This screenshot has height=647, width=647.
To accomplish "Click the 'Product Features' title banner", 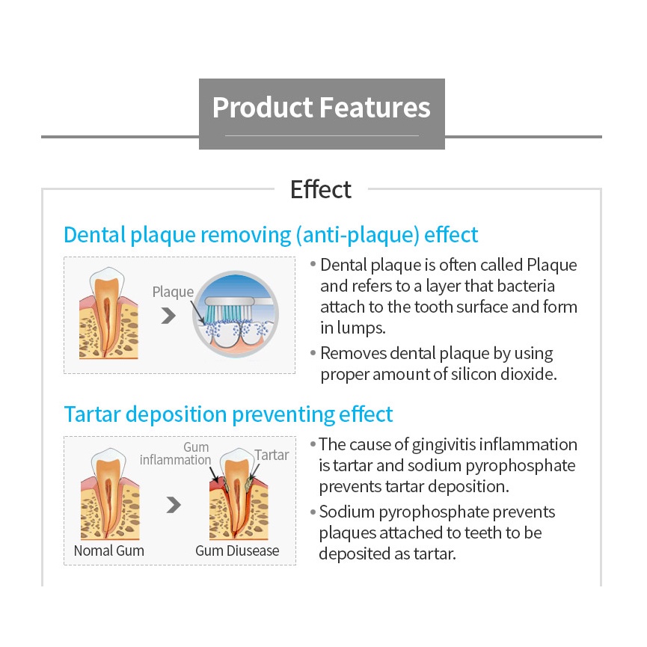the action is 322,114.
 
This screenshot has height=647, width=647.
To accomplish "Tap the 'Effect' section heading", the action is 321,190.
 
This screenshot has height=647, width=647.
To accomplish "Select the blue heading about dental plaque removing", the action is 271,235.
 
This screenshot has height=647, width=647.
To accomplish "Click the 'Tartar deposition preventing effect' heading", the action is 229,414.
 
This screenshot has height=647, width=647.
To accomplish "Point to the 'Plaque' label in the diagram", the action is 173,292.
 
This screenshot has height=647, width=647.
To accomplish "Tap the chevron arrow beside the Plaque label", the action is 168,316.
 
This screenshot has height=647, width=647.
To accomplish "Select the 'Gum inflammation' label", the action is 175,453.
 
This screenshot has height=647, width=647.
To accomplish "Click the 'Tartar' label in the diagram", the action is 272,455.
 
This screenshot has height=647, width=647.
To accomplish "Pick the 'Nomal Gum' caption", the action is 109,551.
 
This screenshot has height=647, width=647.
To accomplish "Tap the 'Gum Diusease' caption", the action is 237,551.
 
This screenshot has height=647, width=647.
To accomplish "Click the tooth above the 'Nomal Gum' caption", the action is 110,494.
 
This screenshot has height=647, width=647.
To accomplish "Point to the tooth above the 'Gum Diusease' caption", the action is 239,494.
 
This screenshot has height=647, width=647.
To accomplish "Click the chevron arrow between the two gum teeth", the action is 174,505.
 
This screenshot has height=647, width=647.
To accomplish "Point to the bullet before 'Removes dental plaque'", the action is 313,353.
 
